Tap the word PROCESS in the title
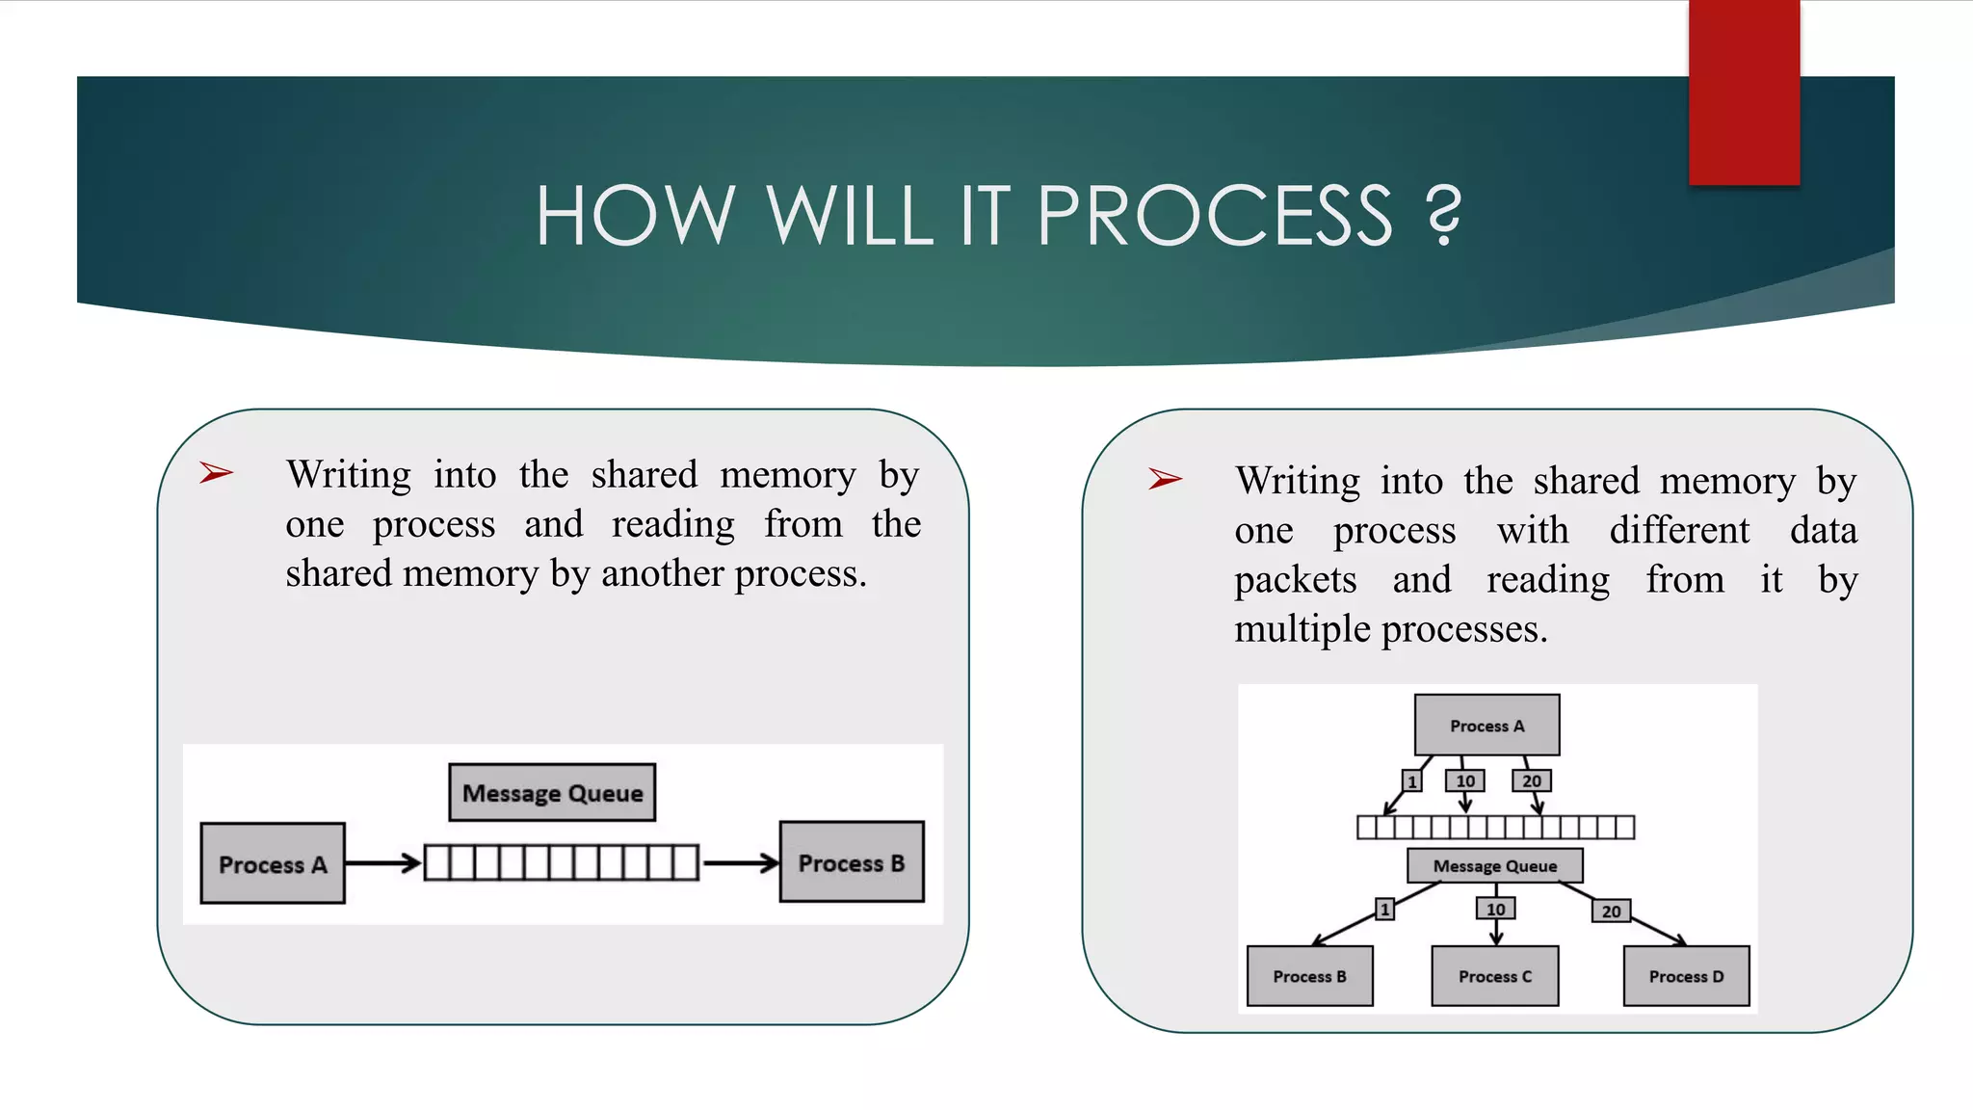(1215, 216)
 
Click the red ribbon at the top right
(1744, 92)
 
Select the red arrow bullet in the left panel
(216, 472)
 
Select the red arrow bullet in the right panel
(1165, 478)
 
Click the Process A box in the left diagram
(273, 863)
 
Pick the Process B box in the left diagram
(852, 862)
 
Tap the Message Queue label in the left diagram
(552, 793)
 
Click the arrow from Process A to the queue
(383, 862)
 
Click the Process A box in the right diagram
(1486, 726)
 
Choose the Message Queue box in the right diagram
(1494, 865)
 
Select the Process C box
(1494, 976)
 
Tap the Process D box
(1686, 976)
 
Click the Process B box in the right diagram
(1309, 976)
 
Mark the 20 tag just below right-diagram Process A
(1532, 780)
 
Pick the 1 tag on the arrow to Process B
(1384, 909)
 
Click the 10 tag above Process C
(1495, 909)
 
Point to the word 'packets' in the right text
(1296, 580)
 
